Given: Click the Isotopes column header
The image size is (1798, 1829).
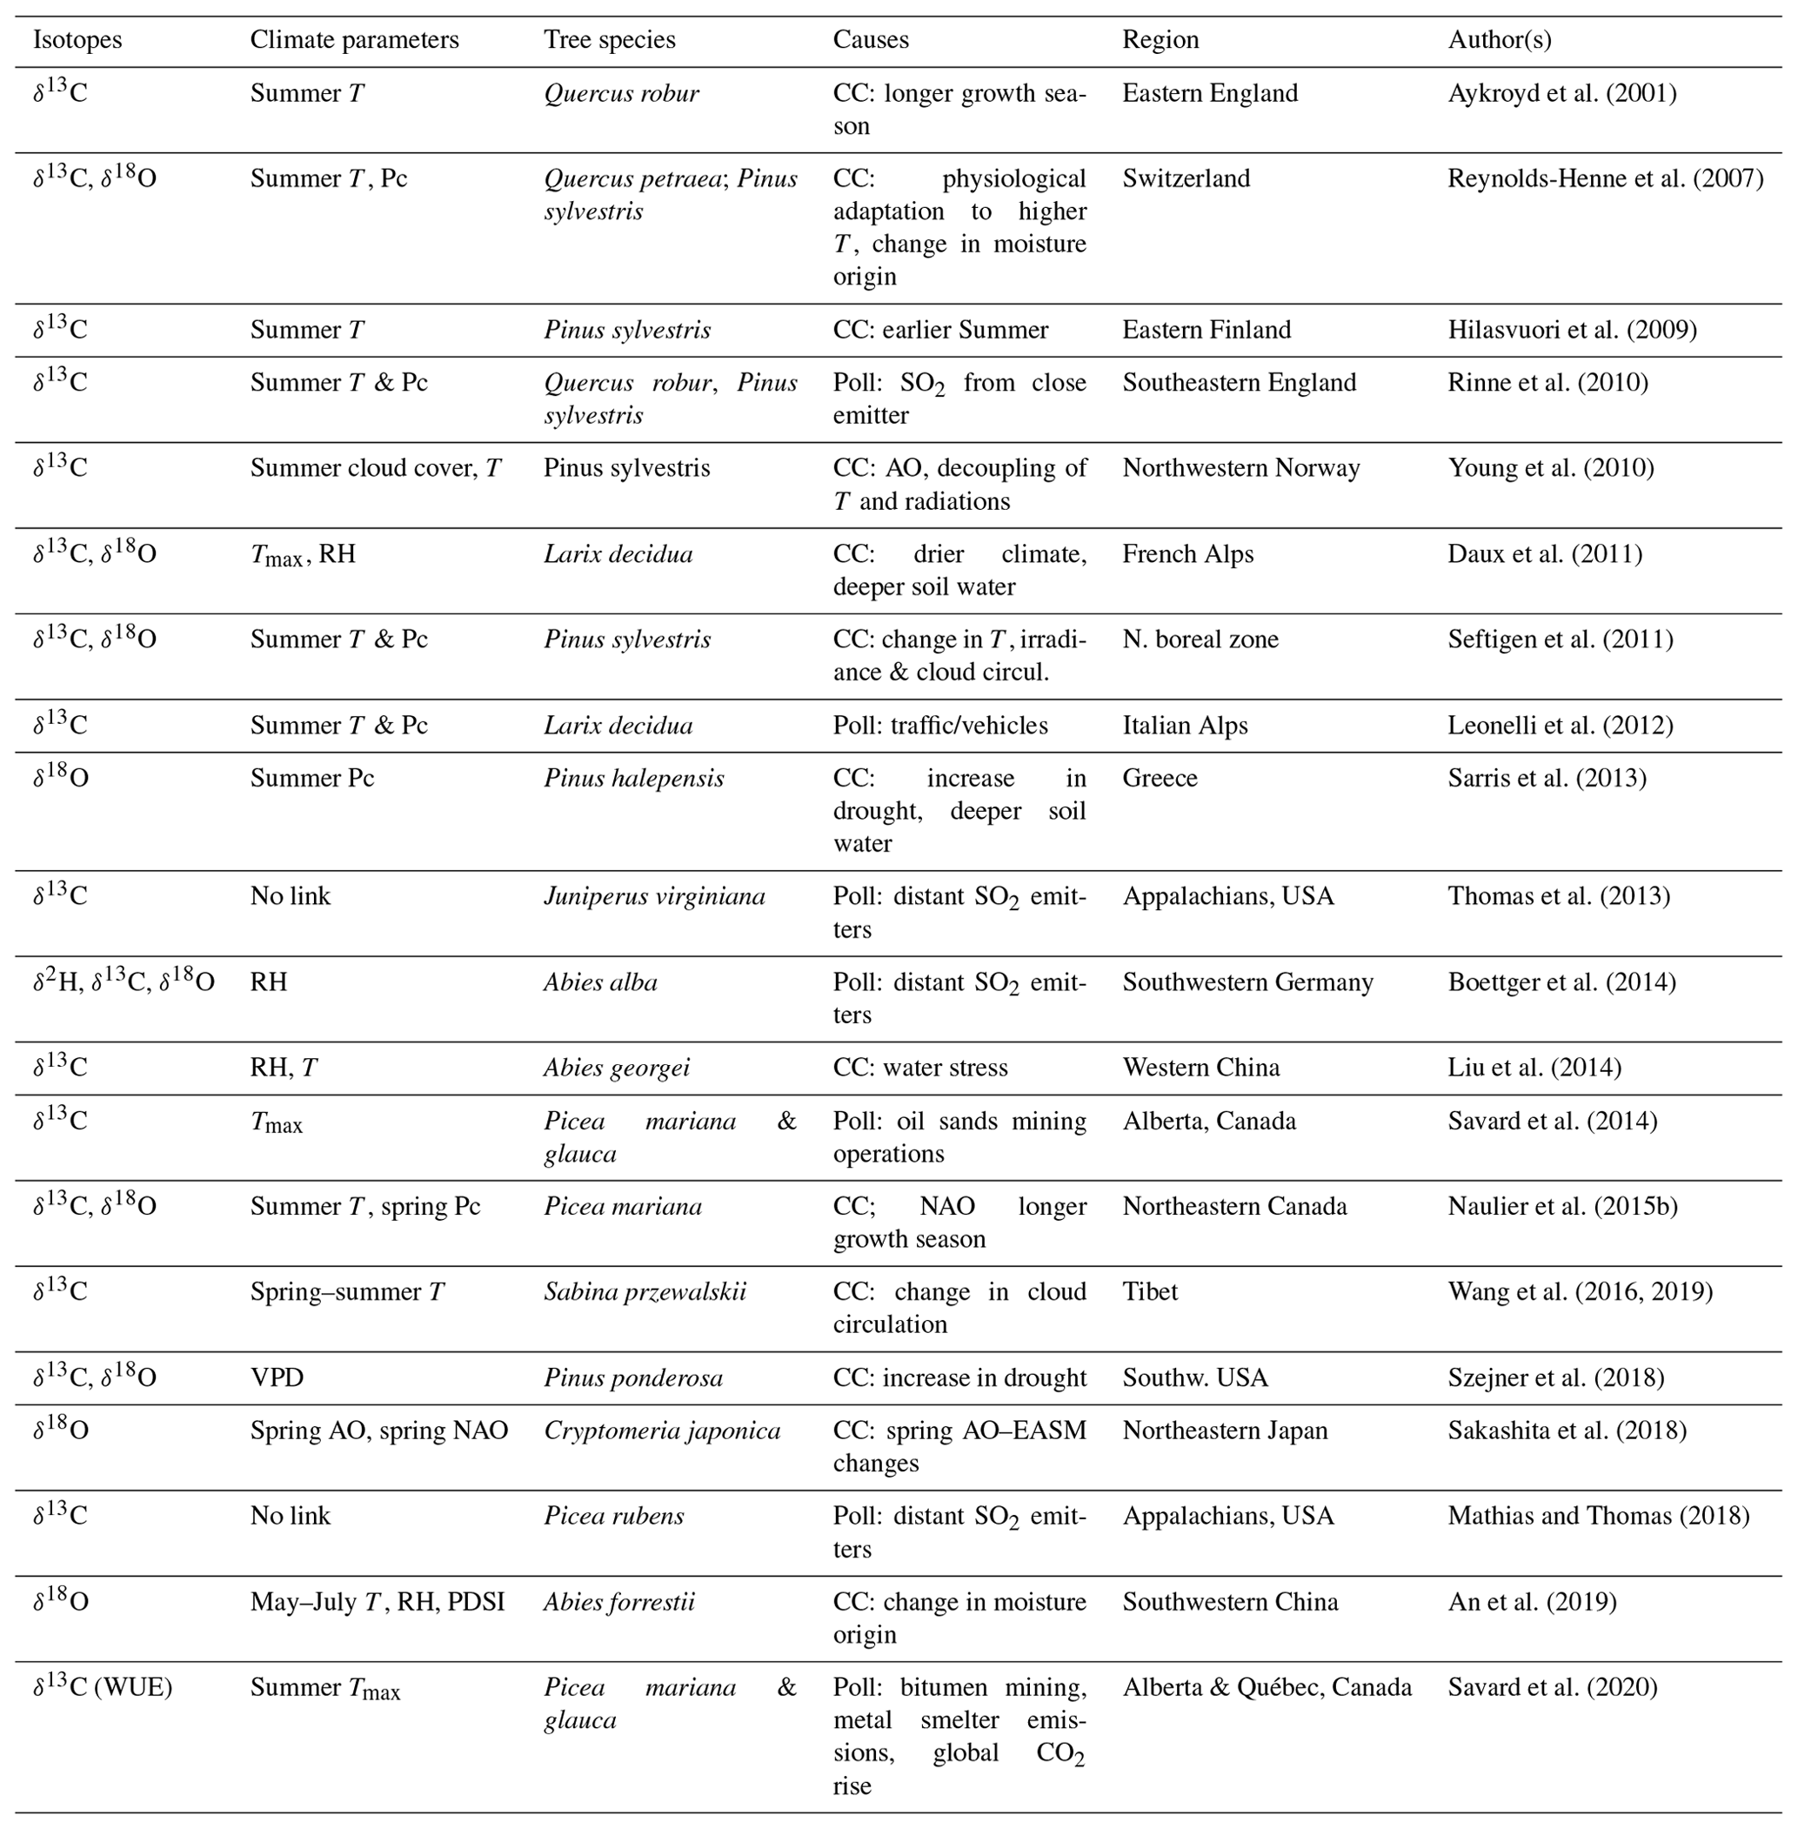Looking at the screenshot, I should [x=77, y=40].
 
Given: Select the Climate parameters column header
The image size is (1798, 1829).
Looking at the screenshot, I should [x=354, y=40].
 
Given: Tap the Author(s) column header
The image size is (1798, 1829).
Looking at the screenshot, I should [x=1500, y=40].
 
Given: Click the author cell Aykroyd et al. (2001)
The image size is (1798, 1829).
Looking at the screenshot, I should [x=1562, y=93].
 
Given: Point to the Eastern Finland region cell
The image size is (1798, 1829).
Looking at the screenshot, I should [x=1206, y=330].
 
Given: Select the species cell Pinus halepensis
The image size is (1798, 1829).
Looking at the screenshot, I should [x=633, y=779].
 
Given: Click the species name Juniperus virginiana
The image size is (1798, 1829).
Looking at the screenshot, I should [x=653, y=896].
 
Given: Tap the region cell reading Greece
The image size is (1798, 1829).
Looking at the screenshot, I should [x=1160, y=779].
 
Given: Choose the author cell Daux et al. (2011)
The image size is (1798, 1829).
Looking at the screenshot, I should [x=1545, y=553].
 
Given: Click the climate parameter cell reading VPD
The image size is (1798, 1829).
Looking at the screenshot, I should [x=277, y=1377].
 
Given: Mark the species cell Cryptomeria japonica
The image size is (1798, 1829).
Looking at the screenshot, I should [x=662, y=1430].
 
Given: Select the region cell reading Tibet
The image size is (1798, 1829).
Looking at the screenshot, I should [x=1149, y=1291].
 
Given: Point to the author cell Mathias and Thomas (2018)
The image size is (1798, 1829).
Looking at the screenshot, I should [x=1598, y=1517].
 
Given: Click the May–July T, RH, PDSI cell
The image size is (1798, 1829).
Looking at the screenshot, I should [x=377, y=1602].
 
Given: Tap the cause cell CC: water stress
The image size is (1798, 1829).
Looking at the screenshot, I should [x=919, y=1068].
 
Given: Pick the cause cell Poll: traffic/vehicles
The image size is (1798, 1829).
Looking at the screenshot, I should [x=939, y=726].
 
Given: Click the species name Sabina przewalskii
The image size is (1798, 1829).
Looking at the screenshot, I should [x=644, y=1291].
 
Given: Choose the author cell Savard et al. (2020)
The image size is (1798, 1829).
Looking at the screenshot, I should [x=1553, y=1687].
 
